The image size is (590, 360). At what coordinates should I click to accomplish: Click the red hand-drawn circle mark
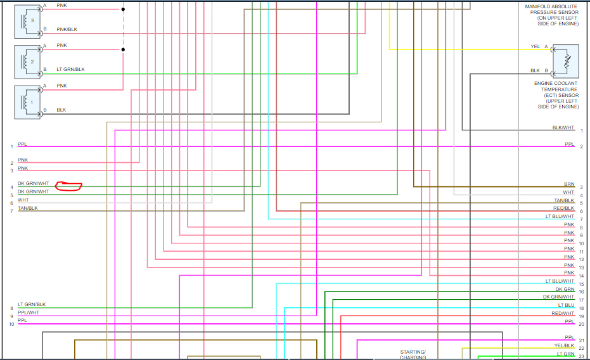point(69,186)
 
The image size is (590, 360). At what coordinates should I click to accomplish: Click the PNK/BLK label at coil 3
point(67,29)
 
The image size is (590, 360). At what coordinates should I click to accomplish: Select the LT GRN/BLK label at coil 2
point(70,69)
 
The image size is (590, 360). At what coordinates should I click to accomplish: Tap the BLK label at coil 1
point(61,110)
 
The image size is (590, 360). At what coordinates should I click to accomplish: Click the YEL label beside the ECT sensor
point(535,47)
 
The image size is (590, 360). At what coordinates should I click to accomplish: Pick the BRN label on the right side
point(568,184)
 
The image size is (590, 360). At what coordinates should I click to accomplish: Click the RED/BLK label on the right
point(563,208)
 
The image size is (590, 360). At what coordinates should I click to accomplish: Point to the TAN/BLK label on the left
point(28,208)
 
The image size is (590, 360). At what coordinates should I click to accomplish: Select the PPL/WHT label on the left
point(29,312)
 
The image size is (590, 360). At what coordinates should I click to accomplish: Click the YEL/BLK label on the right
point(564,345)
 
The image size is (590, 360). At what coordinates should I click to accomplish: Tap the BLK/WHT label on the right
point(563,127)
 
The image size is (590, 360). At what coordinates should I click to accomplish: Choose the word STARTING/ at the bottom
point(413,352)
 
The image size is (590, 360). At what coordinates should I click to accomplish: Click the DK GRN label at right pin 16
point(565,289)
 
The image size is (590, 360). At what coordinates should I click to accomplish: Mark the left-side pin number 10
point(11,325)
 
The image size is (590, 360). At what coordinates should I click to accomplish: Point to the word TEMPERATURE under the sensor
point(559,89)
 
